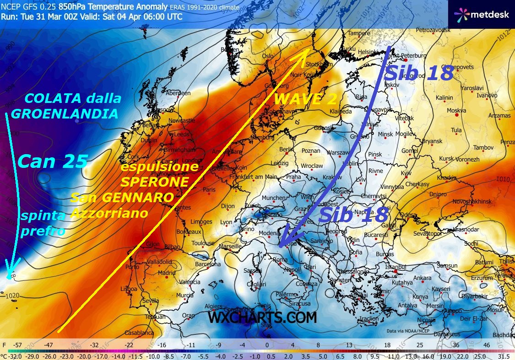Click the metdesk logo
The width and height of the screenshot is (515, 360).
481,14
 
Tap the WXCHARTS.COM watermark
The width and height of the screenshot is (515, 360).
262,317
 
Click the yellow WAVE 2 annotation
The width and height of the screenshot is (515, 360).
305,99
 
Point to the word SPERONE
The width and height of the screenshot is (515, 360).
155,182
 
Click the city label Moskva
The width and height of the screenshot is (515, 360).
456,110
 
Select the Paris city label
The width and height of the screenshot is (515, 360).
209,190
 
